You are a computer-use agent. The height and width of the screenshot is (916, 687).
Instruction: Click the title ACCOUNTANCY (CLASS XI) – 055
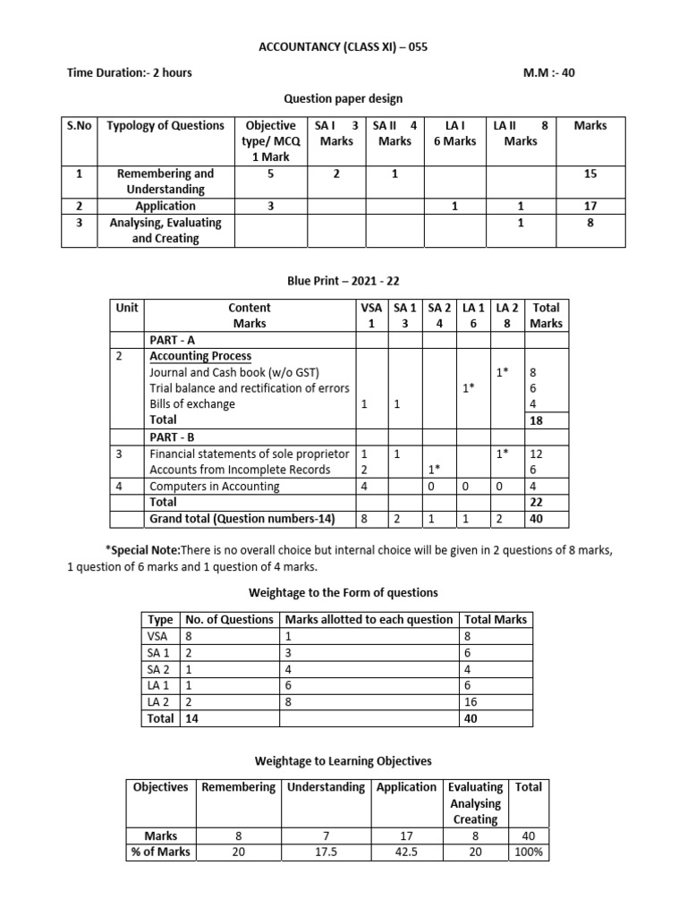(343, 47)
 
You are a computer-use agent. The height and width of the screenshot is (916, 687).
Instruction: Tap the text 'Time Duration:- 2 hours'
(130, 72)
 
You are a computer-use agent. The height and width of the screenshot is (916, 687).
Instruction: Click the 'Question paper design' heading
(343, 98)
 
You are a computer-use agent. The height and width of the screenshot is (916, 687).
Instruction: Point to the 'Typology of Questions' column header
(165, 125)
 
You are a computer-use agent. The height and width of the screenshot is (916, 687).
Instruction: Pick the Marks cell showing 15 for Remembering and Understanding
(589, 174)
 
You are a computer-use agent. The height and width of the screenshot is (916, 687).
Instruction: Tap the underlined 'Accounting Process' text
(200, 356)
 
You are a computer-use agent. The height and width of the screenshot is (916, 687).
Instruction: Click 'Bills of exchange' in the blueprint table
(192, 403)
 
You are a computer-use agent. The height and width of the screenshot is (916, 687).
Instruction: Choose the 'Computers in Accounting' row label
(214, 487)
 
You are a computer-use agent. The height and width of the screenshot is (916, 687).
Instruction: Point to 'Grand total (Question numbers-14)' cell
(242, 519)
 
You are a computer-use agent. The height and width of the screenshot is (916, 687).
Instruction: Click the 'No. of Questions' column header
(229, 619)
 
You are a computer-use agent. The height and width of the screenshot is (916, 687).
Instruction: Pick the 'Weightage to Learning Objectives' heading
(343, 761)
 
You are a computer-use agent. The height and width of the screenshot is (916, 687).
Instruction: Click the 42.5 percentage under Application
(406, 852)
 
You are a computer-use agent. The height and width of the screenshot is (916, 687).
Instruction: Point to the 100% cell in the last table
(528, 852)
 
